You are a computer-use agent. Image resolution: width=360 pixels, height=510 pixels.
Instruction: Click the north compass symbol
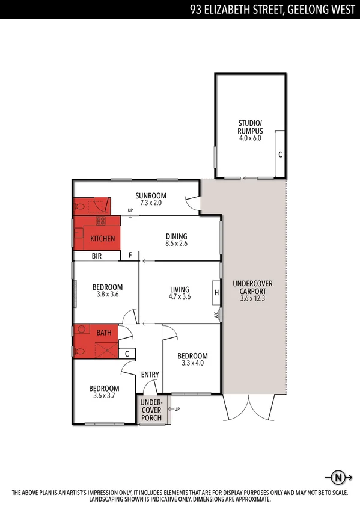click(338, 478)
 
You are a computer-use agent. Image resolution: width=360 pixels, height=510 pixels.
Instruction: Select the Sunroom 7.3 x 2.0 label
click(150, 199)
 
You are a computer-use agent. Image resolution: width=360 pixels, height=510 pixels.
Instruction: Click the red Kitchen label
click(102, 239)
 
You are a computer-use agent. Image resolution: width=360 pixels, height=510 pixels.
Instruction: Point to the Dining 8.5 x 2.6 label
click(177, 239)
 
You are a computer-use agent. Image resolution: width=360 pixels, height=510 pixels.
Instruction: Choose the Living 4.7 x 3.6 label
click(180, 292)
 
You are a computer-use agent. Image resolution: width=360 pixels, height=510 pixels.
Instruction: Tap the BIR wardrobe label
click(96, 256)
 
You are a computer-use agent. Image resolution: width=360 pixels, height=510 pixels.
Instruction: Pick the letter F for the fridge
click(130, 256)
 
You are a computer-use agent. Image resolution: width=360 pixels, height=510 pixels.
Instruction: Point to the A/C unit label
click(215, 314)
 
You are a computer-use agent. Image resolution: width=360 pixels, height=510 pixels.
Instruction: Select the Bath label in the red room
click(103, 332)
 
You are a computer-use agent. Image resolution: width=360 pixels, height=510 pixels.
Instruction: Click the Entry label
click(150, 375)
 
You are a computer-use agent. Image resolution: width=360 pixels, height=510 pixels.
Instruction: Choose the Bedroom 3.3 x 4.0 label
click(192, 359)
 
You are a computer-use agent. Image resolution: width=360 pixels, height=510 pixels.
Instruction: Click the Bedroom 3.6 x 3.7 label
click(104, 392)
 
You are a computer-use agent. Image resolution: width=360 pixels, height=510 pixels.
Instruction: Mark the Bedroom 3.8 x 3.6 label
click(108, 290)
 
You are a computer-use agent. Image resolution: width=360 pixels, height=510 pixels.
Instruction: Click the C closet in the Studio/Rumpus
click(279, 154)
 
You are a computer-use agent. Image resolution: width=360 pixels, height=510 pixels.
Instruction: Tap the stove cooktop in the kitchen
click(100, 221)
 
